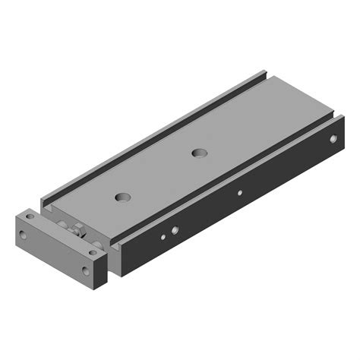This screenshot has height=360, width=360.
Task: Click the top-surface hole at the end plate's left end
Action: click(x=30, y=216)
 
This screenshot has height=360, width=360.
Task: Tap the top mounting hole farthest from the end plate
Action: click(x=200, y=153)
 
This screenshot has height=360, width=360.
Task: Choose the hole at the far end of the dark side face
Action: click(x=331, y=138)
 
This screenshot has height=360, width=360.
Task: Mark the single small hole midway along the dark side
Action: click(x=239, y=192)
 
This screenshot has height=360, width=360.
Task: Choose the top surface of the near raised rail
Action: click(x=228, y=175)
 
